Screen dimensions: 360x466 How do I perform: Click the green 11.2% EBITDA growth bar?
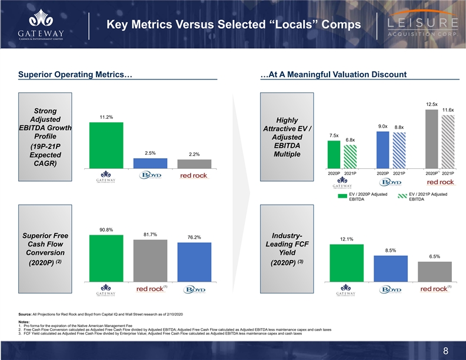106,145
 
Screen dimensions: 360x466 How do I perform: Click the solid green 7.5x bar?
334,154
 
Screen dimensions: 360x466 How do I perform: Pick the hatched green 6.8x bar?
350,156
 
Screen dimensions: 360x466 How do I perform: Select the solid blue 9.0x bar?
383,149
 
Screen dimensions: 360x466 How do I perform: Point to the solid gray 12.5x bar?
432,139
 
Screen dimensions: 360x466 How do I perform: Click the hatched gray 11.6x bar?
448,141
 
